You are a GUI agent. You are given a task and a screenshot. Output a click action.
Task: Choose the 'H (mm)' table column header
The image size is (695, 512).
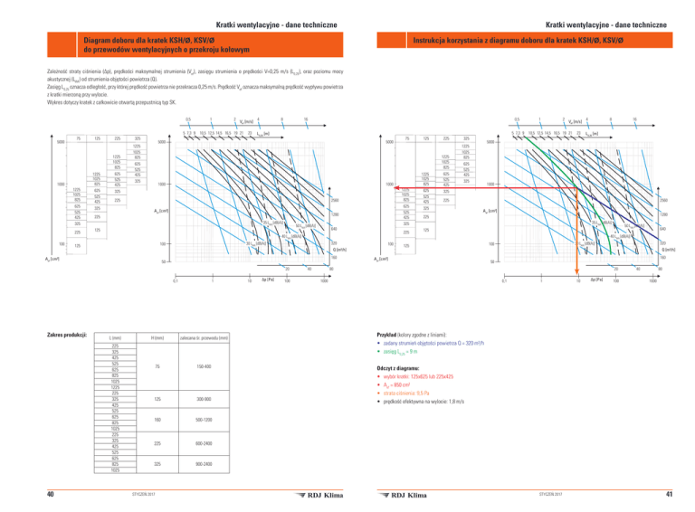pos(157,337)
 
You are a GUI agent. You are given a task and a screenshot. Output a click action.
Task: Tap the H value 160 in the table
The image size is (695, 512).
pos(157,420)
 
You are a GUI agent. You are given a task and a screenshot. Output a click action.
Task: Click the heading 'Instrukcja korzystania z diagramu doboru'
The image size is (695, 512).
pos(509,41)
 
